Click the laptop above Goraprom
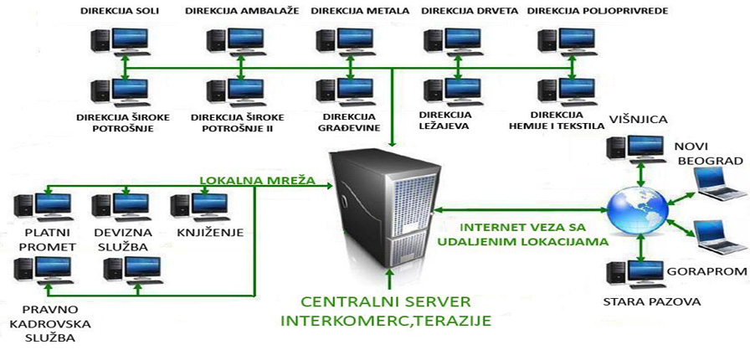click(719, 237)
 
